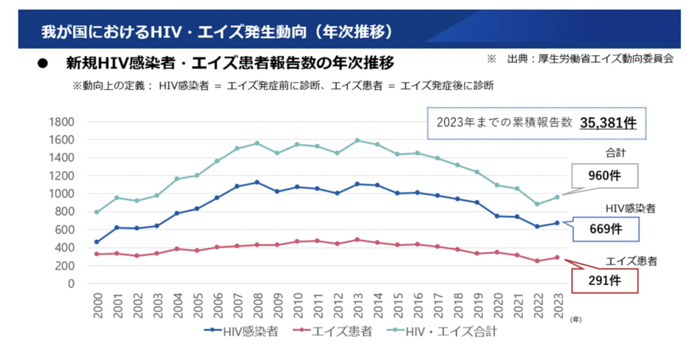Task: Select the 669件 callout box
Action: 605,229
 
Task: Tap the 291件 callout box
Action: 605,281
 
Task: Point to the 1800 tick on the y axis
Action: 61,121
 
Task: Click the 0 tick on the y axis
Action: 71,283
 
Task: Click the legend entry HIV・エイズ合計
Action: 449,331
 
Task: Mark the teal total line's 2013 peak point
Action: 358,141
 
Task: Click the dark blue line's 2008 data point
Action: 257,182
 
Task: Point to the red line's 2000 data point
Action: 97,254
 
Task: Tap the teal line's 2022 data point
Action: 537,204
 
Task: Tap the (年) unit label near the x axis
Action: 576,318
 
